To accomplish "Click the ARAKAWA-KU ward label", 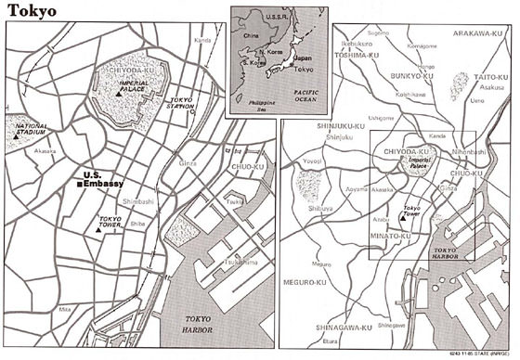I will [x=477, y=32].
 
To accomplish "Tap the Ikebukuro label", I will [x=357, y=43].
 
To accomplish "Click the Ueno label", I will [x=478, y=98].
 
